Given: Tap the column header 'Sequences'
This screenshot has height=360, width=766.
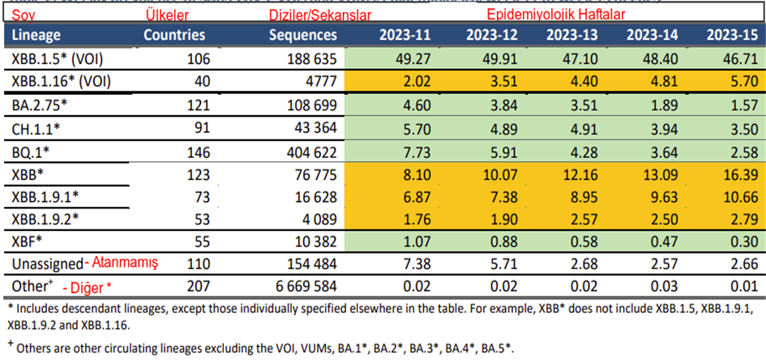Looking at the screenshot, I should [303, 35].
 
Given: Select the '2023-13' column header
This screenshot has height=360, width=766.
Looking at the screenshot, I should [571, 35].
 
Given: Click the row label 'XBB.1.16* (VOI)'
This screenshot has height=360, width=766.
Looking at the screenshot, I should [62, 81].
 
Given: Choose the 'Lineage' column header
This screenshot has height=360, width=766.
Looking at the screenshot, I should [37, 35].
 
